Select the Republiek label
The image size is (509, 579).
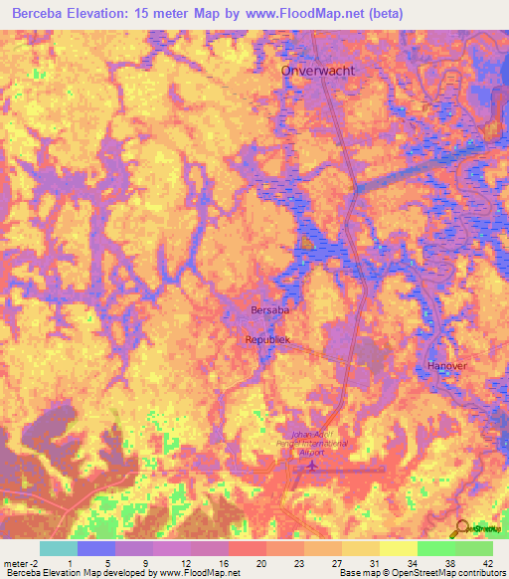268,339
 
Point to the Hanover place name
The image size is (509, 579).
446,366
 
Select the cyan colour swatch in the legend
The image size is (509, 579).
58,548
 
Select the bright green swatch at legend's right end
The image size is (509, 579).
473,548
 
